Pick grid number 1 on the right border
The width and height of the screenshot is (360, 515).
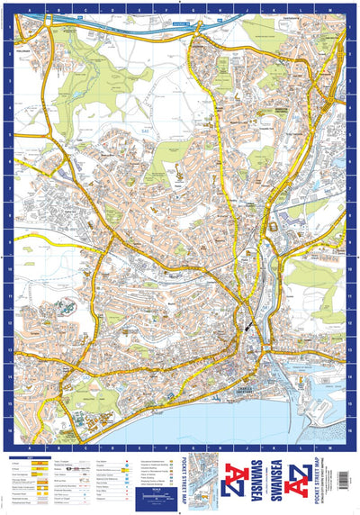(353, 27)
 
